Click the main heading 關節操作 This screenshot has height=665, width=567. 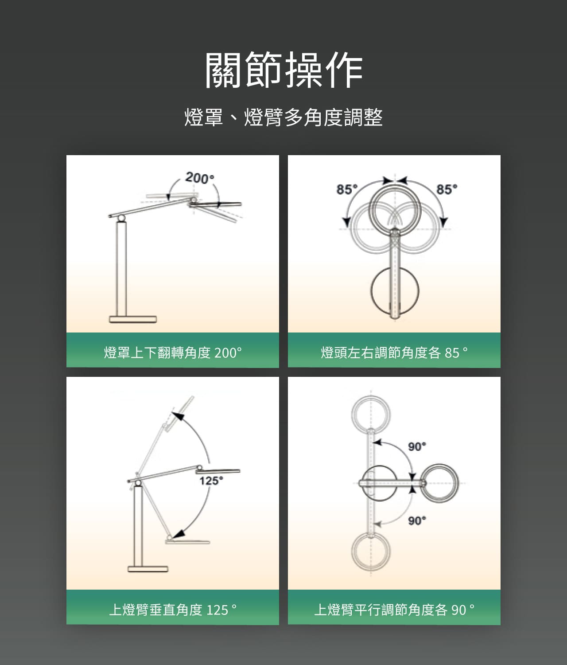click(x=284, y=70)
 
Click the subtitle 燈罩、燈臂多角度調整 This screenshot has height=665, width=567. click(x=283, y=117)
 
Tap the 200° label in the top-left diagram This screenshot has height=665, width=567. click(x=200, y=178)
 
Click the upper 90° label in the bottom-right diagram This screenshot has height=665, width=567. click(x=417, y=446)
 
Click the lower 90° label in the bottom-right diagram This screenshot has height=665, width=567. click(x=417, y=520)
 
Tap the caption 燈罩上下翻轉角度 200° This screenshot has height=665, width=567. click(x=173, y=352)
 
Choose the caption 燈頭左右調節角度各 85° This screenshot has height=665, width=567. click(x=394, y=352)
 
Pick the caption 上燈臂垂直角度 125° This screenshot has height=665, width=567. click(x=173, y=610)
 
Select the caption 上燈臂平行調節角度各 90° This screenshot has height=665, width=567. click(x=394, y=610)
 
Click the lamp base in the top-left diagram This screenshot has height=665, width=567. click(x=133, y=320)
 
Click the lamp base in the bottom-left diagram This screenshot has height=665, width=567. click(x=148, y=569)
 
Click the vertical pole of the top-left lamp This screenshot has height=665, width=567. click(x=121, y=269)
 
